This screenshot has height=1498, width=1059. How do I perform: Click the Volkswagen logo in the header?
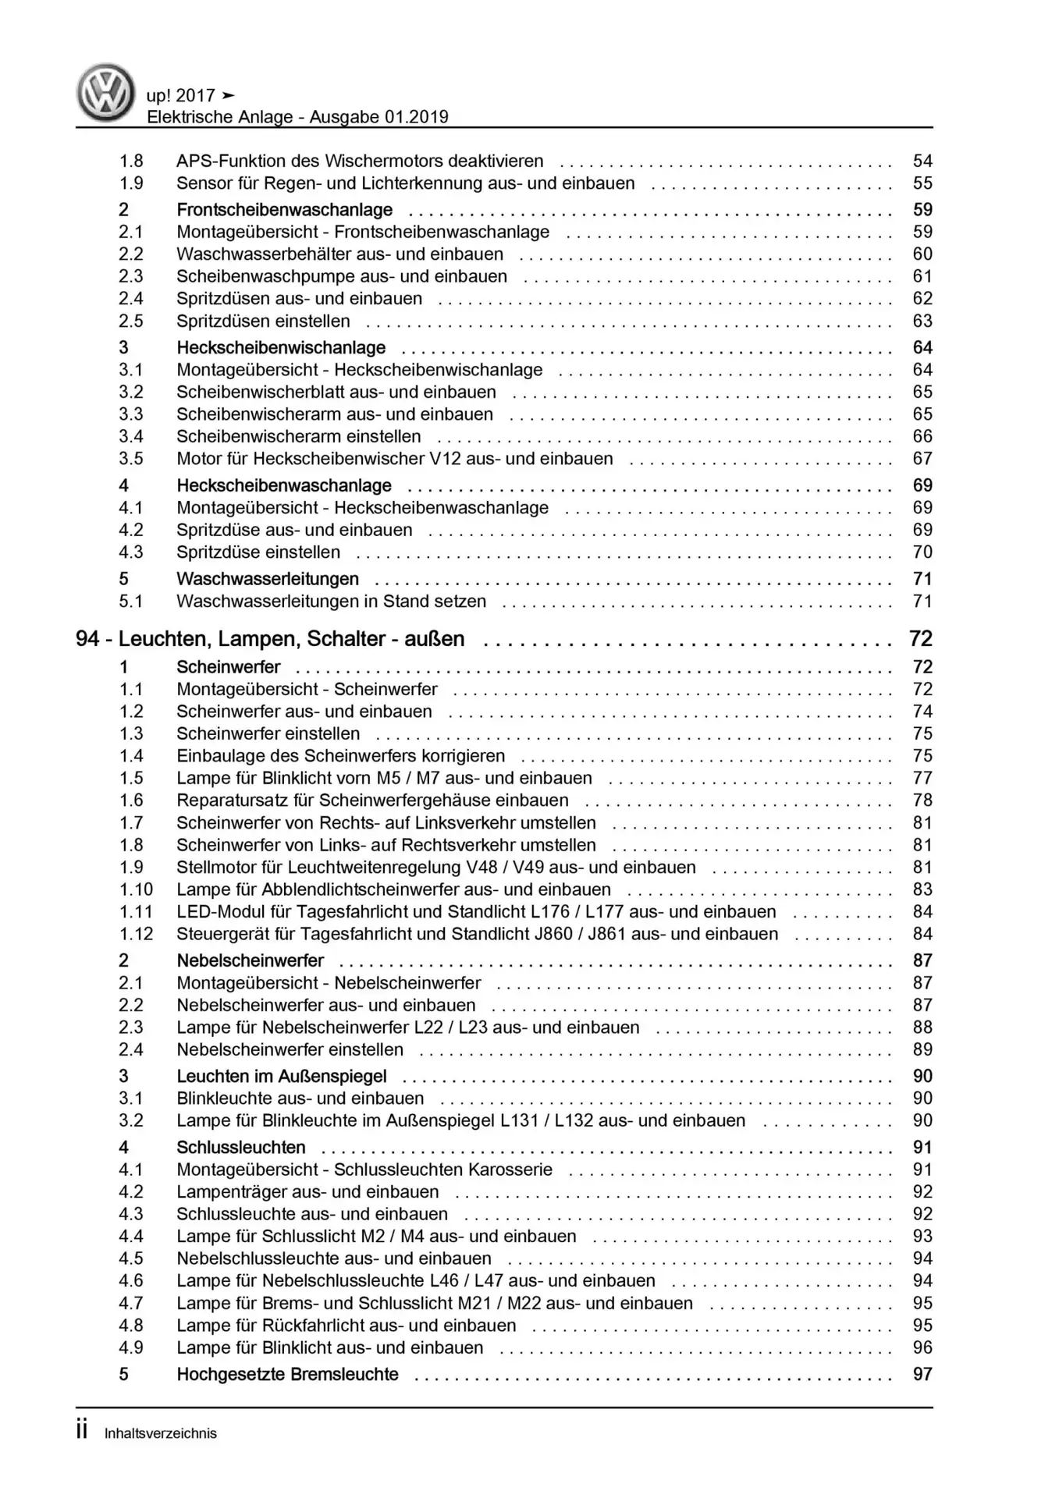click(x=105, y=93)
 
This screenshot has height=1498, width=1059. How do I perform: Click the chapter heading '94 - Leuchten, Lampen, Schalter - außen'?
click(x=270, y=639)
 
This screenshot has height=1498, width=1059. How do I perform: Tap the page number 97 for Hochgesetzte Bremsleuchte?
click(x=922, y=1374)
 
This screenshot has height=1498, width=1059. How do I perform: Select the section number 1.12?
click(x=136, y=934)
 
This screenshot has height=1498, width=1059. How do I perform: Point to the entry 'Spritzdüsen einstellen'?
click(x=263, y=321)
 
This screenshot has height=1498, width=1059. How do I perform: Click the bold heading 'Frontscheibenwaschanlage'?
click(x=284, y=210)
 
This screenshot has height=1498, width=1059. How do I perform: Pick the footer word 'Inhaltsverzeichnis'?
click(x=161, y=1433)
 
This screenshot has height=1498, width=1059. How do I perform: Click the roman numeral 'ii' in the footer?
click(x=82, y=1431)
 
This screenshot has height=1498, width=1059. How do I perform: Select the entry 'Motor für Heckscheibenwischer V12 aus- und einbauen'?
click(x=394, y=459)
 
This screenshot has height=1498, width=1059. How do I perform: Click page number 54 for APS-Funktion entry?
click(x=922, y=161)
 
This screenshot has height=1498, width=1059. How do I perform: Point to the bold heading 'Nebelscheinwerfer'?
click(x=250, y=960)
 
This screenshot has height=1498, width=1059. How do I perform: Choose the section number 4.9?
click(x=131, y=1347)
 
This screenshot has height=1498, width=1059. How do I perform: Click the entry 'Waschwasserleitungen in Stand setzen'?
click(x=331, y=602)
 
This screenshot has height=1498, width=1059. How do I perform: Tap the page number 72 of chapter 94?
click(x=921, y=639)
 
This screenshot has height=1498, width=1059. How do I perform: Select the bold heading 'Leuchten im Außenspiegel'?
click(x=281, y=1077)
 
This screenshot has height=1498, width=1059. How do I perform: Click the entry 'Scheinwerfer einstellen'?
click(x=268, y=734)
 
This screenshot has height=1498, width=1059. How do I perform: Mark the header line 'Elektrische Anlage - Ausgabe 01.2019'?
click(x=297, y=117)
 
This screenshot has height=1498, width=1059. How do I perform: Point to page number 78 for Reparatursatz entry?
click(x=922, y=800)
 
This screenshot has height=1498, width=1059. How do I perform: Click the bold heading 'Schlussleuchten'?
click(x=240, y=1148)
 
